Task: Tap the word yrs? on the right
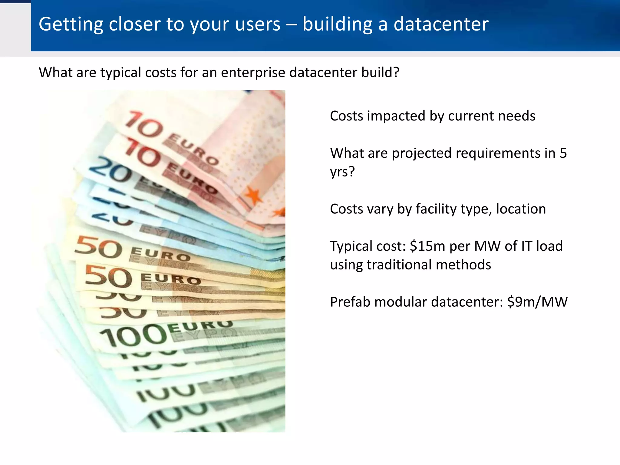coord(342,172)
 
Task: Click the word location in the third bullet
coord(521,209)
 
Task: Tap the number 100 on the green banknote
coord(133,335)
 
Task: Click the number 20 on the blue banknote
coord(111,170)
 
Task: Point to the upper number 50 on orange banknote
coord(98,248)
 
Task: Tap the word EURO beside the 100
coord(200,325)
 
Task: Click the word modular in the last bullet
coord(397,302)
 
